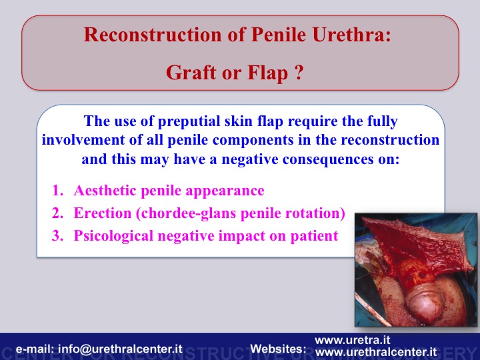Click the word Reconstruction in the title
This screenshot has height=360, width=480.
click(153, 34)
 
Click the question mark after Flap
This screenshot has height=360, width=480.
click(299, 73)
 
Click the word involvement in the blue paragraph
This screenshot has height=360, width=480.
click(83, 140)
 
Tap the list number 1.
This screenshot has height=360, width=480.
click(57, 191)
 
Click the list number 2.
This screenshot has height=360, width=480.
click(57, 213)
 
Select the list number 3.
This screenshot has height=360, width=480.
click(57, 236)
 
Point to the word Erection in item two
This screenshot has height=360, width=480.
click(103, 213)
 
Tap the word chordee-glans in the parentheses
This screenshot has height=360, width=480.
click(187, 213)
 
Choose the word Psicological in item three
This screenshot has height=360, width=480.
click(113, 236)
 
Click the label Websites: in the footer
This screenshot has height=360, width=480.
click(278, 349)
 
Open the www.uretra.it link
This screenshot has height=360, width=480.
click(353, 340)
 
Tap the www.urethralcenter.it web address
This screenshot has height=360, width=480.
click(376, 352)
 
